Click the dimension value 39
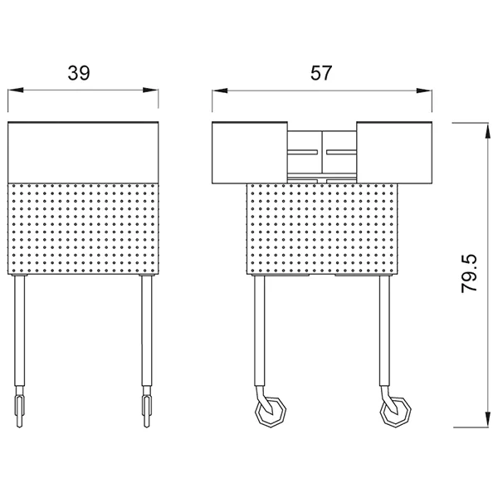click(79, 73)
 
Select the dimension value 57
click(321, 73)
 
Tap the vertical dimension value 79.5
click(470, 273)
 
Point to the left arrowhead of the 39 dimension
click(16, 90)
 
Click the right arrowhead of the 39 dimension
click(150, 90)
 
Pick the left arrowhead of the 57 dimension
click(220, 90)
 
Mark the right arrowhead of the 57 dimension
click(424, 90)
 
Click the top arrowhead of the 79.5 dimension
click(486, 130)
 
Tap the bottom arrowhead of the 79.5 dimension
click(486, 419)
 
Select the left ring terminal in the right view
click(271, 412)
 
